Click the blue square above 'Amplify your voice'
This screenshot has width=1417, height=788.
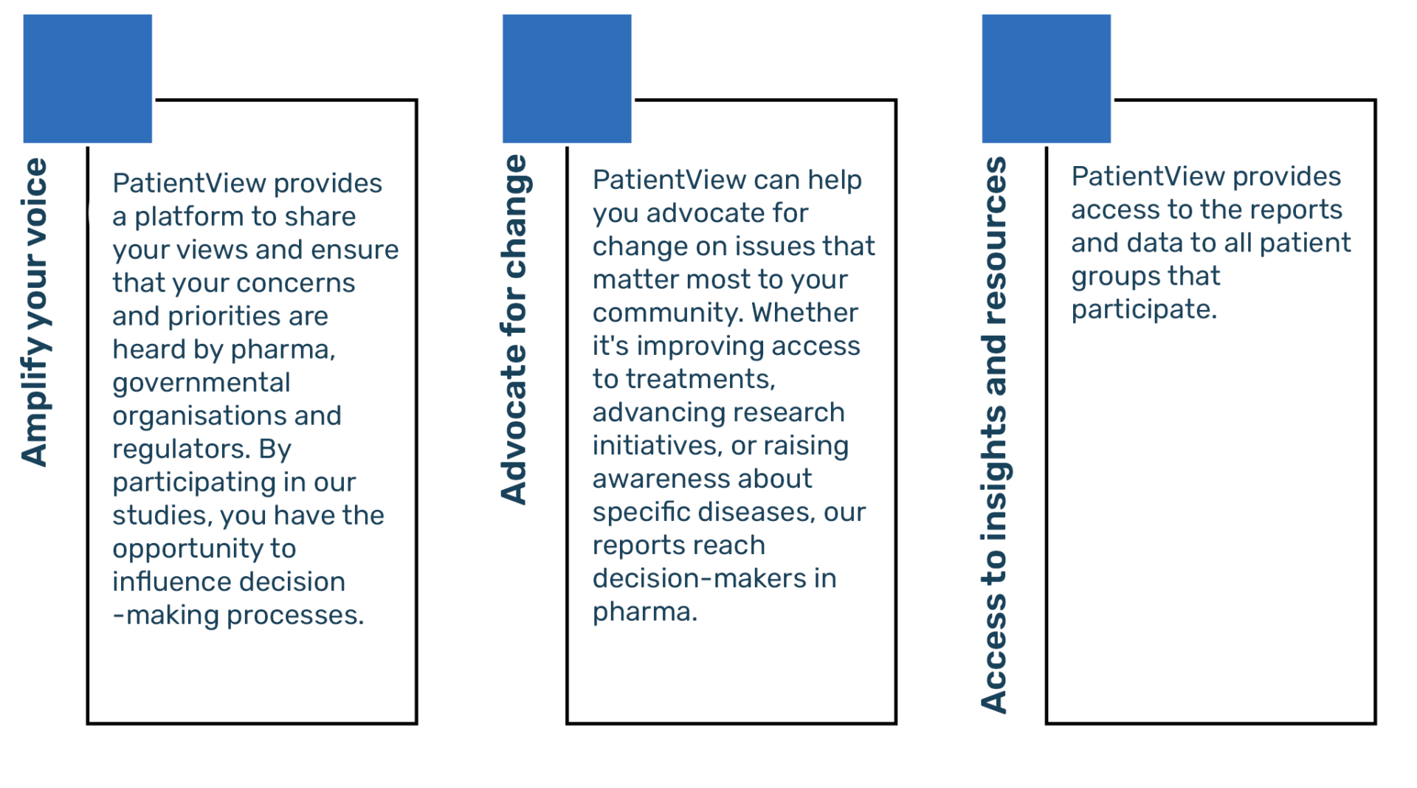point(88,78)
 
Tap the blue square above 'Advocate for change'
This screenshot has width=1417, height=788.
point(567,78)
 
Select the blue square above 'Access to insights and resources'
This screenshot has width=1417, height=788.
point(1047,78)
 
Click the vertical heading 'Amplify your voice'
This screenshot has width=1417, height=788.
point(35,312)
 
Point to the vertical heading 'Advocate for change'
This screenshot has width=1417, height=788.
point(514,330)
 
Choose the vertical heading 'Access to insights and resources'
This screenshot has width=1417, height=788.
point(995,435)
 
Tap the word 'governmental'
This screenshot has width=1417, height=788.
point(201,384)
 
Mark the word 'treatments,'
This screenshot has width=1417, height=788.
point(700,379)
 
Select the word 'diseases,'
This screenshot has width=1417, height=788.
point(756,512)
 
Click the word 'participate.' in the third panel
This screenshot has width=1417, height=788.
point(1144,310)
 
